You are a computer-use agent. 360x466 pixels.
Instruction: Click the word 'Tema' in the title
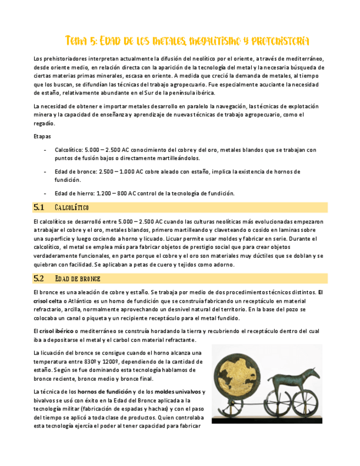pyautogui.click(x=75, y=41)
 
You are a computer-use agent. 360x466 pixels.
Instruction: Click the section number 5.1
pyautogui.click(x=38, y=207)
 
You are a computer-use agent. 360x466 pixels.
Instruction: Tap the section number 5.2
pyautogui.click(x=38, y=279)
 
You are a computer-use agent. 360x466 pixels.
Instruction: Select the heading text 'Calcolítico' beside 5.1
pyautogui.click(x=72, y=208)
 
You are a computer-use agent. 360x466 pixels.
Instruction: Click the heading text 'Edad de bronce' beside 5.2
pyautogui.click(x=77, y=279)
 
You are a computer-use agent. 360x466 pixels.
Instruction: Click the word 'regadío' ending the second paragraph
pyautogui.click(x=45, y=124)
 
